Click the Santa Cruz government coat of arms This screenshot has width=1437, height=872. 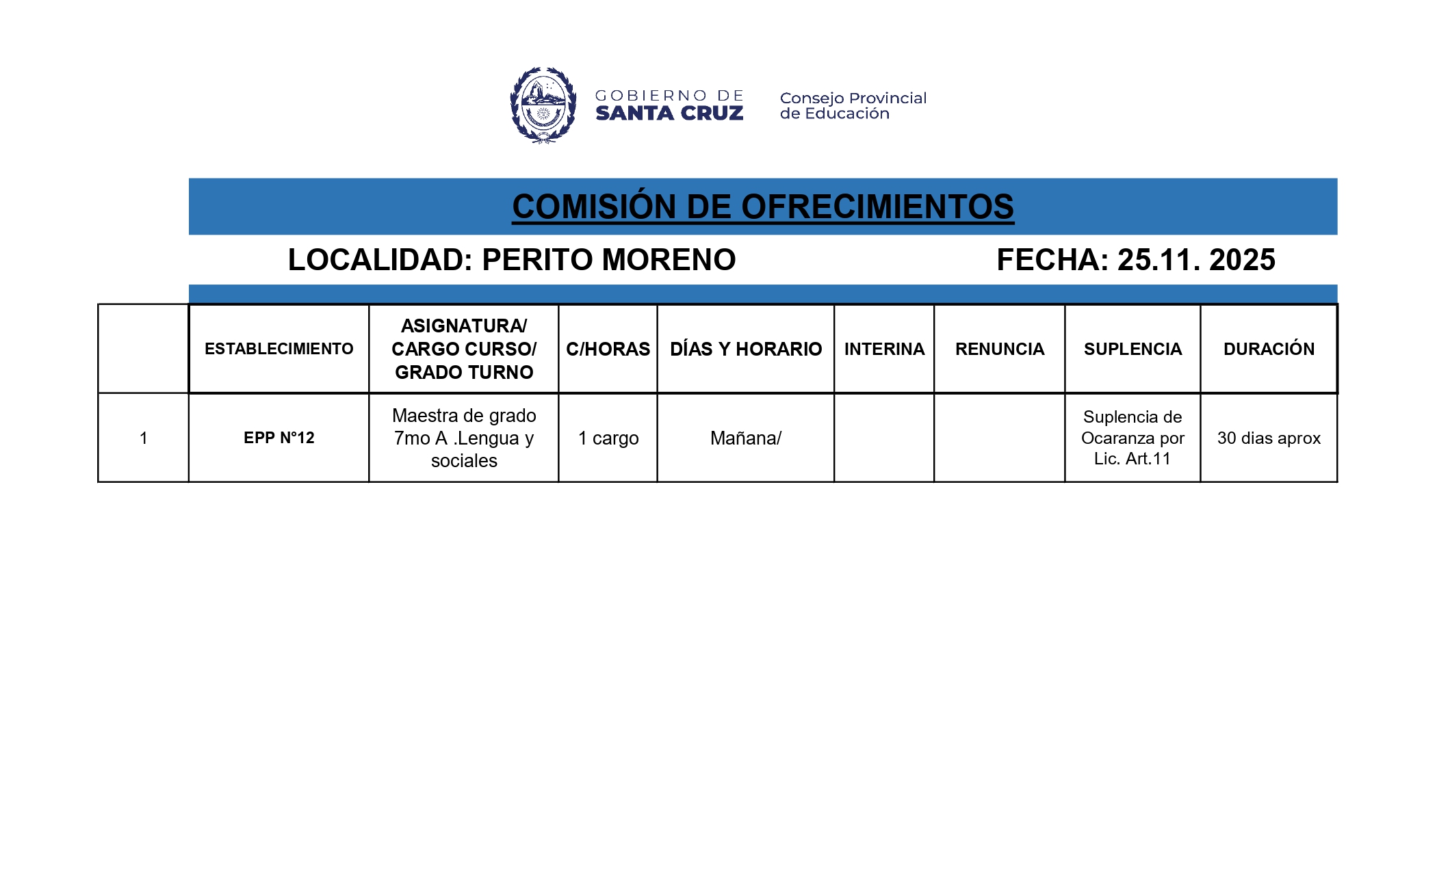tap(543, 105)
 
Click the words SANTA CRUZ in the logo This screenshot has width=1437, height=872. tap(669, 114)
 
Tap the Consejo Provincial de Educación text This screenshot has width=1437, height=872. tap(853, 106)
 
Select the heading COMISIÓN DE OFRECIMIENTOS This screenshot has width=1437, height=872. tap(762, 207)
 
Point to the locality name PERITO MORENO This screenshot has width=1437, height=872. tap(608, 260)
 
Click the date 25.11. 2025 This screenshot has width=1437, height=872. tap(1196, 260)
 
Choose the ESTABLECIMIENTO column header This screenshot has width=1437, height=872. tap(279, 349)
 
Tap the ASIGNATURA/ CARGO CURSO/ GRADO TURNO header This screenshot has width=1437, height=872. tap(464, 349)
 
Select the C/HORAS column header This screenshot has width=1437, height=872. tap(608, 349)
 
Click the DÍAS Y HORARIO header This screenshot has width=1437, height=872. tap(746, 349)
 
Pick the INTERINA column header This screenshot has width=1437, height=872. tap(884, 349)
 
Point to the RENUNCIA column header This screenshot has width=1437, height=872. tap(999, 349)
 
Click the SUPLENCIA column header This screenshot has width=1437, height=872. tap(1132, 349)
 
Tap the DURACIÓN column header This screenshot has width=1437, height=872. tap(1269, 349)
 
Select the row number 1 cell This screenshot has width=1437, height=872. tap(143, 438)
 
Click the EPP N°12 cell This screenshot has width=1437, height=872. tap(279, 438)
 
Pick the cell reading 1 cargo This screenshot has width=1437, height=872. tap(608, 438)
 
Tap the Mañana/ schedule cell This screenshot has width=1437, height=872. tap(746, 438)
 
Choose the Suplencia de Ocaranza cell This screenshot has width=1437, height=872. tap(1132, 438)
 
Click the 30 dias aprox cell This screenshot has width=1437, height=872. tap(1269, 438)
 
